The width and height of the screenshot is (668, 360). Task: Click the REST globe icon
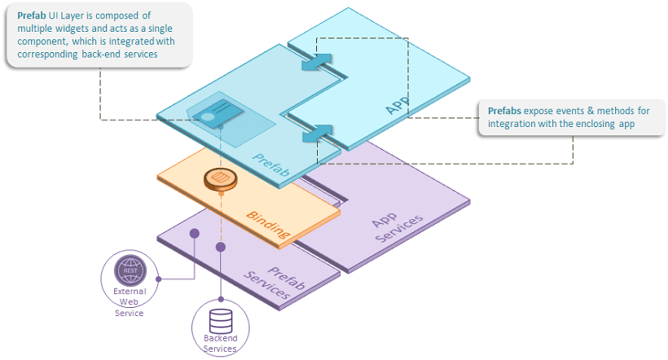tap(129, 269)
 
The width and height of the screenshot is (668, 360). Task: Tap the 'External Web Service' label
tap(129, 301)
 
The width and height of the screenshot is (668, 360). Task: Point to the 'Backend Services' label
tap(220, 343)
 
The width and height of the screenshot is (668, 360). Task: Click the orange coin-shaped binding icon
tap(218, 179)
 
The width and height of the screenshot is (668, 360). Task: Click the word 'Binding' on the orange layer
tap(268, 225)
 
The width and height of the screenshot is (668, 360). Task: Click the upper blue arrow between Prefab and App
tap(317, 64)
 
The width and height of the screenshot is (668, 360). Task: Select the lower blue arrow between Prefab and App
tap(317, 133)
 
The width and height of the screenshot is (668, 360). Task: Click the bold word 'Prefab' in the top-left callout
tap(32, 15)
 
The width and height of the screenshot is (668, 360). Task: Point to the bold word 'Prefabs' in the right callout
tap(505, 111)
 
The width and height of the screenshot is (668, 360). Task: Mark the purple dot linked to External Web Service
tap(194, 233)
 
